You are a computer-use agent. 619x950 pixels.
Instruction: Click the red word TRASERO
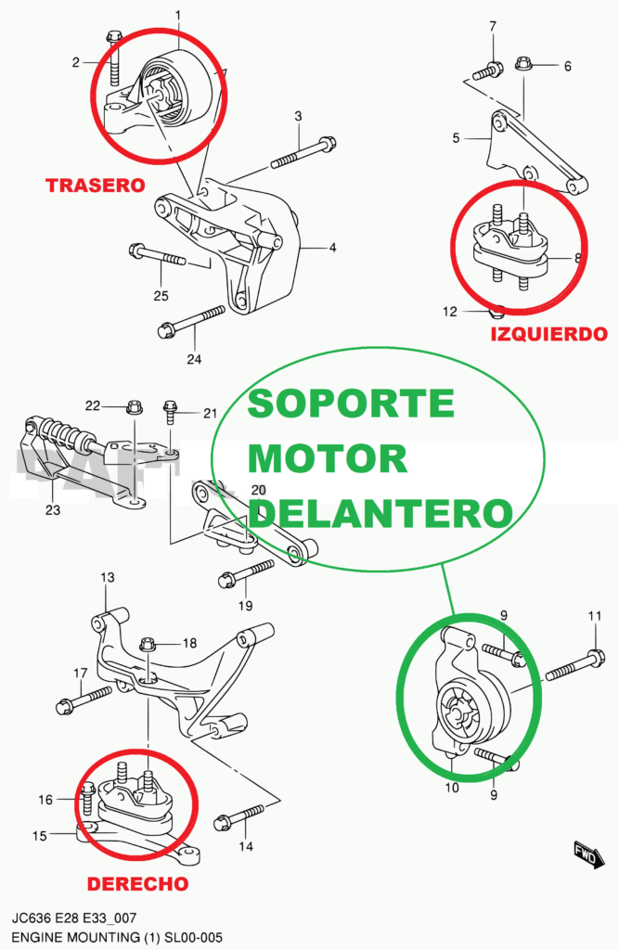coord(96,186)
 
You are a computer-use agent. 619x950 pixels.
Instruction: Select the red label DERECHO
coord(138,884)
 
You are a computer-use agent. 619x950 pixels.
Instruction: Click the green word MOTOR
coord(329,458)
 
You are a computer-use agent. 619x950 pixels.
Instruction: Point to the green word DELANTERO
coord(381,512)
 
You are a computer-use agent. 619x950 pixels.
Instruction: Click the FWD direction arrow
coord(584,851)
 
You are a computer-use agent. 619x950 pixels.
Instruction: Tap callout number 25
coord(161,295)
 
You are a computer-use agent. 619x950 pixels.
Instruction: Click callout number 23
coord(53,509)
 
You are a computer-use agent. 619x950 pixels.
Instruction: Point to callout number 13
coord(108,578)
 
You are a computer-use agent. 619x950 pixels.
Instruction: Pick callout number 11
coord(595,616)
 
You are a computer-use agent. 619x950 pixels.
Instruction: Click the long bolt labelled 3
coord(303,154)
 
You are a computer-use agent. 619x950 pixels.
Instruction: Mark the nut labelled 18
coord(148,644)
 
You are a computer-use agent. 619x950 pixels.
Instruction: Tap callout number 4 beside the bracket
coord(331,248)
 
